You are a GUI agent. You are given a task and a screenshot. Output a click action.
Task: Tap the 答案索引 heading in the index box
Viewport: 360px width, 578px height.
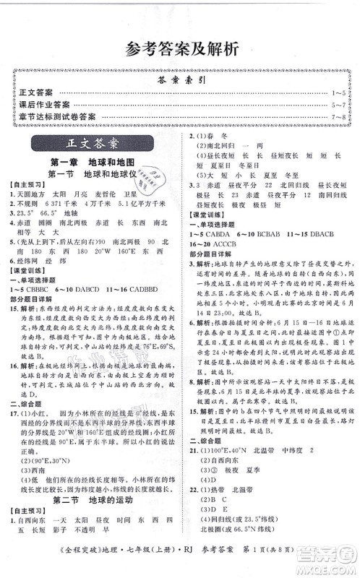180,81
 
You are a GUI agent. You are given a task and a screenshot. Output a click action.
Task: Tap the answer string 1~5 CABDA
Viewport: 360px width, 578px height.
213,238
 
